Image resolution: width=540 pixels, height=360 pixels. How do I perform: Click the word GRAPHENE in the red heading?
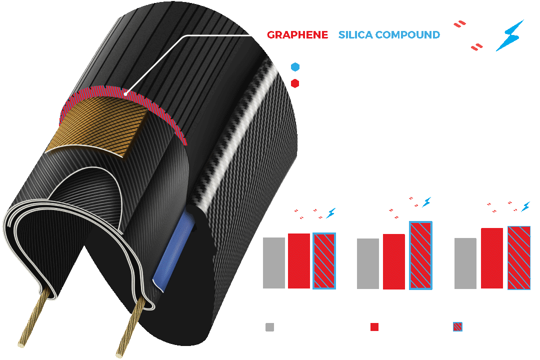(x=297, y=35)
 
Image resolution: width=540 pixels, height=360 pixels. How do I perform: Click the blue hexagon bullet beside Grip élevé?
(x=294, y=66)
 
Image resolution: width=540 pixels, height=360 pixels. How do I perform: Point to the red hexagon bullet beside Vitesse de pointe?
(x=294, y=84)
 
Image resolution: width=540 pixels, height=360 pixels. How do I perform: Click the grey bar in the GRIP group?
(x=367, y=263)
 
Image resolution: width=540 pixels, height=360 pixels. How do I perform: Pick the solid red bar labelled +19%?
(x=492, y=258)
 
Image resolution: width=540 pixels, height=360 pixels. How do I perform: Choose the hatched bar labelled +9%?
(x=323, y=260)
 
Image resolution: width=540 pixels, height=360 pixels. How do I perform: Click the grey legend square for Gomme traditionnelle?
(x=269, y=327)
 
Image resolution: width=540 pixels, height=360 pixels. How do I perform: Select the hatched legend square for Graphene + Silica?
(x=456, y=327)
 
